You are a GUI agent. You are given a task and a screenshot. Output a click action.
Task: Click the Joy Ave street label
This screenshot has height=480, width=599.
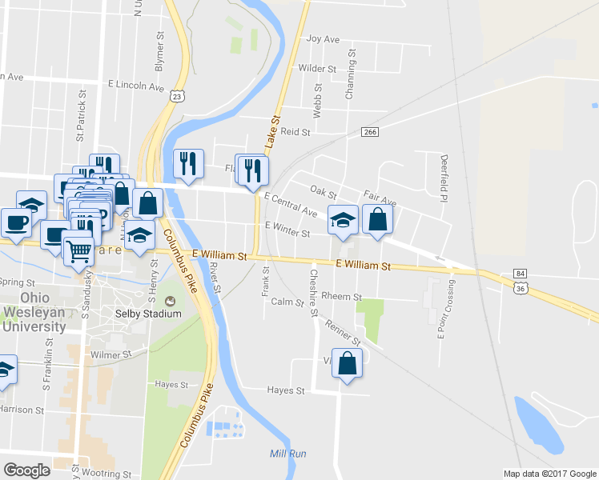pyautogui.click(x=324, y=38)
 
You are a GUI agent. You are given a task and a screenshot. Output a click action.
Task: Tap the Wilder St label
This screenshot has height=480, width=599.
pyautogui.click(x=315, y=69)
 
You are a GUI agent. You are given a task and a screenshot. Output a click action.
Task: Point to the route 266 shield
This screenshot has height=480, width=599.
pyautogui.click(x=369, y=132)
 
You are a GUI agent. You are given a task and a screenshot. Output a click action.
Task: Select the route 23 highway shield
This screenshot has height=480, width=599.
pyautogui.click(x=178, y=95)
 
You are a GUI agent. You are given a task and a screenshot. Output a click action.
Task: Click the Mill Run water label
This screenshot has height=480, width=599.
pyautogui.click(x=287, y=454)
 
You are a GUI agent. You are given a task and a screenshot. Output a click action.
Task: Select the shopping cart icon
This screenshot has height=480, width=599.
pyautogui.click(x=78, y=251)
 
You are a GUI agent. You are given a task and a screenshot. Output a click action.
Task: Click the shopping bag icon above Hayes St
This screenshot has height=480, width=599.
pyautogui.click(x=348, y=364)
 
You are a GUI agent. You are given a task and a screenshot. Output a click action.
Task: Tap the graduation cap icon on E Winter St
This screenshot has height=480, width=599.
pyautogui.click(x=343, y=221)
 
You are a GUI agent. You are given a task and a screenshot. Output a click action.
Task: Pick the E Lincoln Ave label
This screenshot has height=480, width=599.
pyautogui.click(x=135, y=86)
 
